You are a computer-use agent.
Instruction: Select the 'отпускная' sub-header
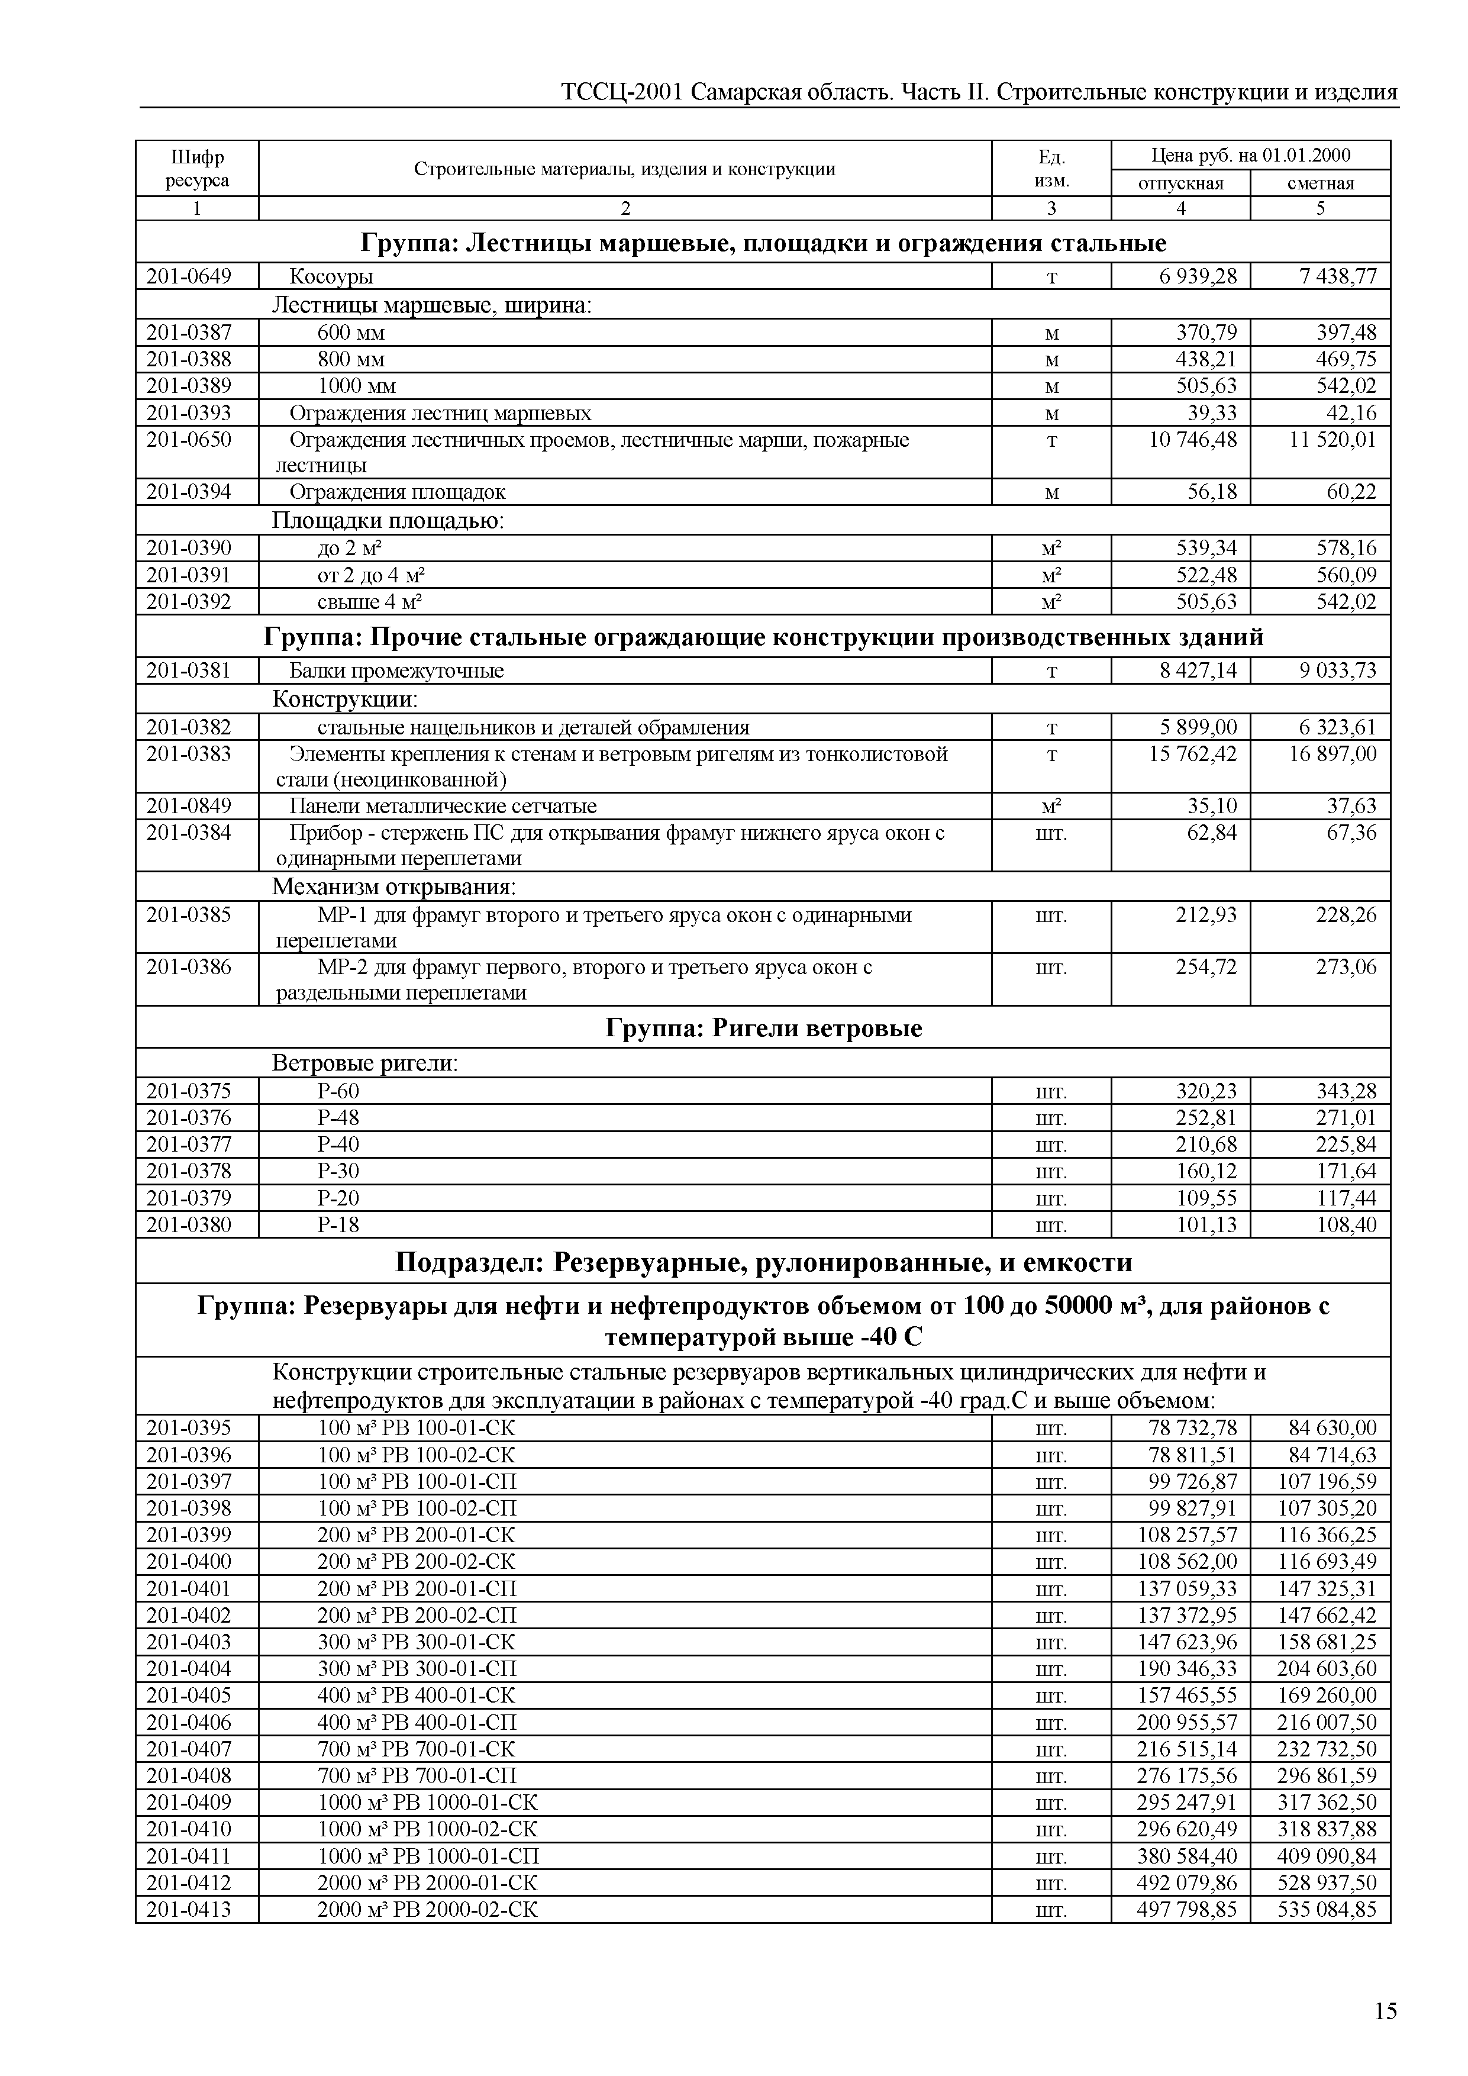pyautogui.click(x=1180, y=183)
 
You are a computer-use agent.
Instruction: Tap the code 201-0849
pyautogui.click(x=189, y=805)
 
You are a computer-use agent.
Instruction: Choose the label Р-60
pyautogui.click(x=338, y=1091)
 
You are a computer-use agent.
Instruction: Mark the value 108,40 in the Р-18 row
pyautogui.click(x=1346, y=1225)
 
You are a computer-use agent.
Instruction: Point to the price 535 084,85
pyautogui.click(x=1326, y=1910)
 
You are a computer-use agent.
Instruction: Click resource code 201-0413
pyautogui.click(x=189, y=1910)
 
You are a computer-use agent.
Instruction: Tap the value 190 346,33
pyautogui.click(x=1186, y=1669)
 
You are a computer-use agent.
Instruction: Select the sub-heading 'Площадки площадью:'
pyautogui.click(x=388, y=521)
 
